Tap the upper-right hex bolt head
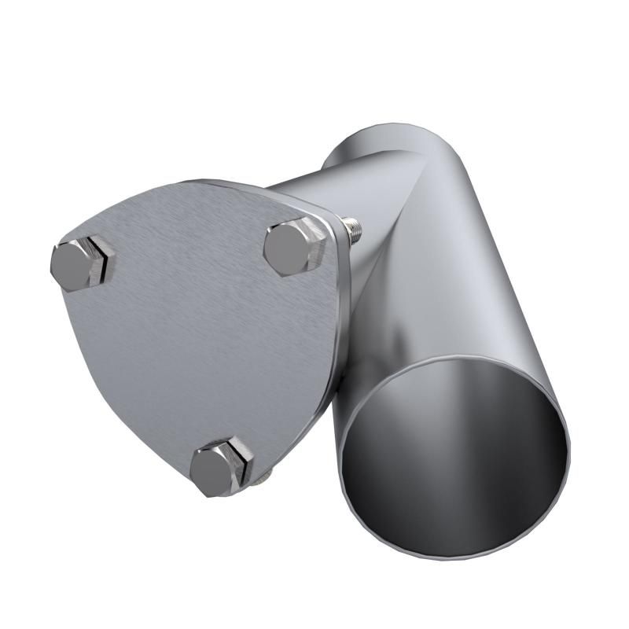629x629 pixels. [x=292, y=247]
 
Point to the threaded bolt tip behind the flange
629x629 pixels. [x=355, y=230]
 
